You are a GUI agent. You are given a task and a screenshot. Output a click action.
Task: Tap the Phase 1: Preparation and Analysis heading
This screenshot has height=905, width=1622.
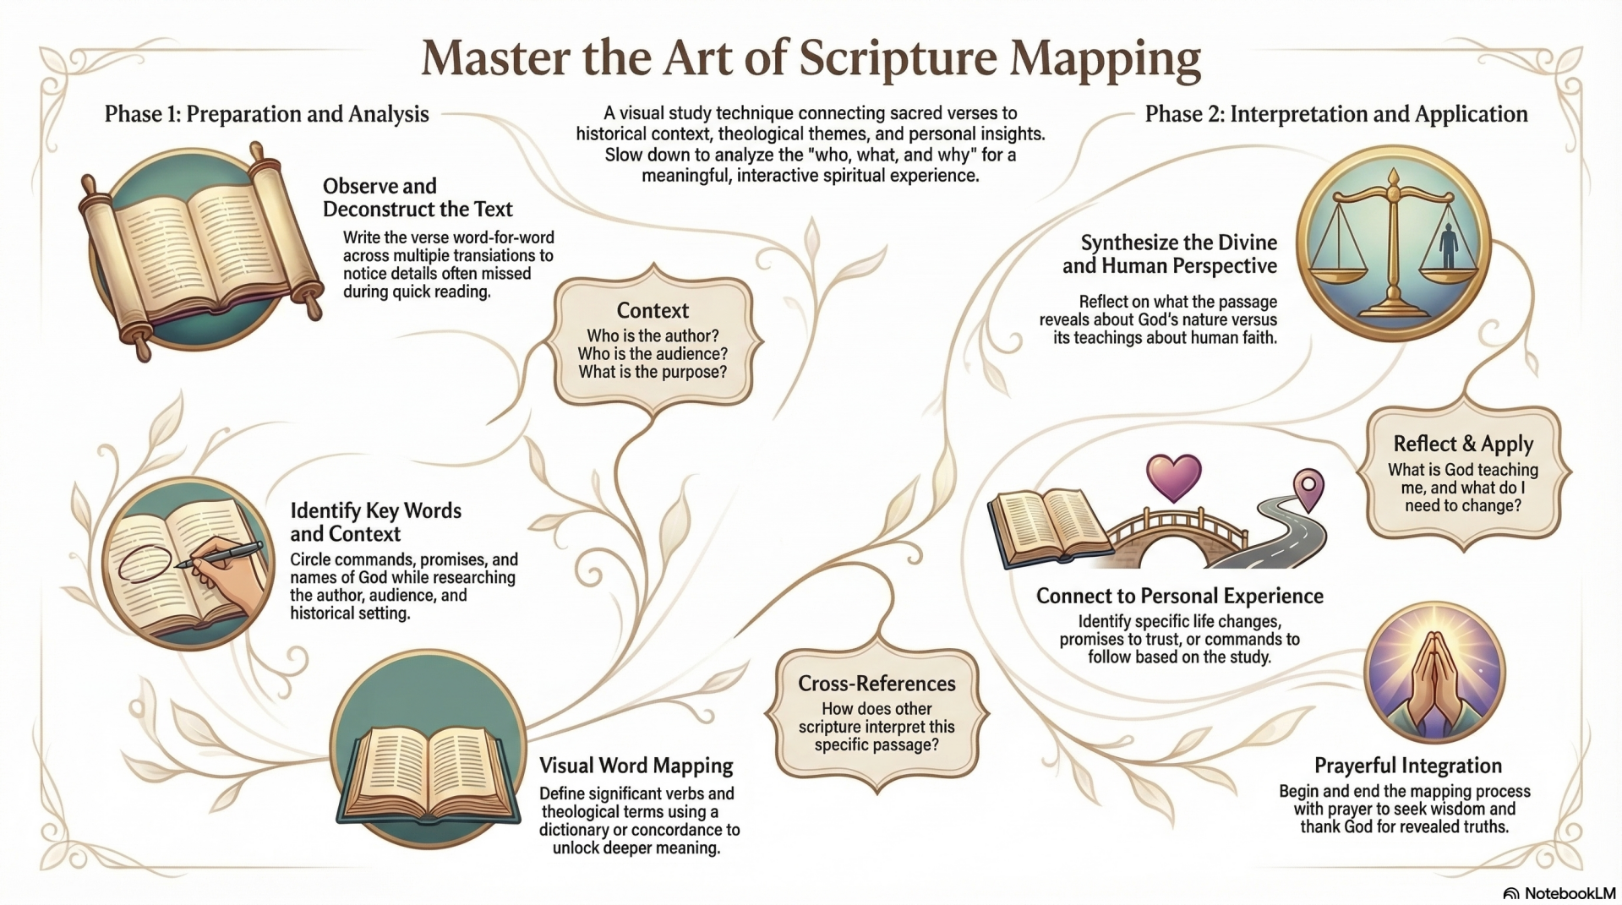pos(266,114)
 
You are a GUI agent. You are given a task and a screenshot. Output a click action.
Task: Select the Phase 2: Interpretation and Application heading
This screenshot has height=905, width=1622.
pos(1335,114)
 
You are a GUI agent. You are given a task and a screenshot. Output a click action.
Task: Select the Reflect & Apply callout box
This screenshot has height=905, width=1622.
pos(1463,473)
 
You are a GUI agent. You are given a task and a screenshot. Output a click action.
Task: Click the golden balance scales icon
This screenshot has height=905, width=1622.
pos(1393,245)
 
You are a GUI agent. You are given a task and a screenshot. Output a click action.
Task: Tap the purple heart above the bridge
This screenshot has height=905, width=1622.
pos(1173,476)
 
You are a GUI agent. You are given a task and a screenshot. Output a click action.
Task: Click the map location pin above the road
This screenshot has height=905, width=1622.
pos(1308,489)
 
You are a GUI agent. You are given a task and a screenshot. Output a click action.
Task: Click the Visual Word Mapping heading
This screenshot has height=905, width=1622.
pos(636,766)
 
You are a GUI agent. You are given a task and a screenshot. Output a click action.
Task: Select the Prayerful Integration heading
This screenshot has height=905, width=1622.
pos(1407,766)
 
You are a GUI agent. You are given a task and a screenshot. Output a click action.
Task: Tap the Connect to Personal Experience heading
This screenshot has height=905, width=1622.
pos(1179,596)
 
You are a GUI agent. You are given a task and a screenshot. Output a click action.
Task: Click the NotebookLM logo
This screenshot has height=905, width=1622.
pos(1559,893)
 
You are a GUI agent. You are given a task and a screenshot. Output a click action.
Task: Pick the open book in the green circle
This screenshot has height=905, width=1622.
pos(429,773)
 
